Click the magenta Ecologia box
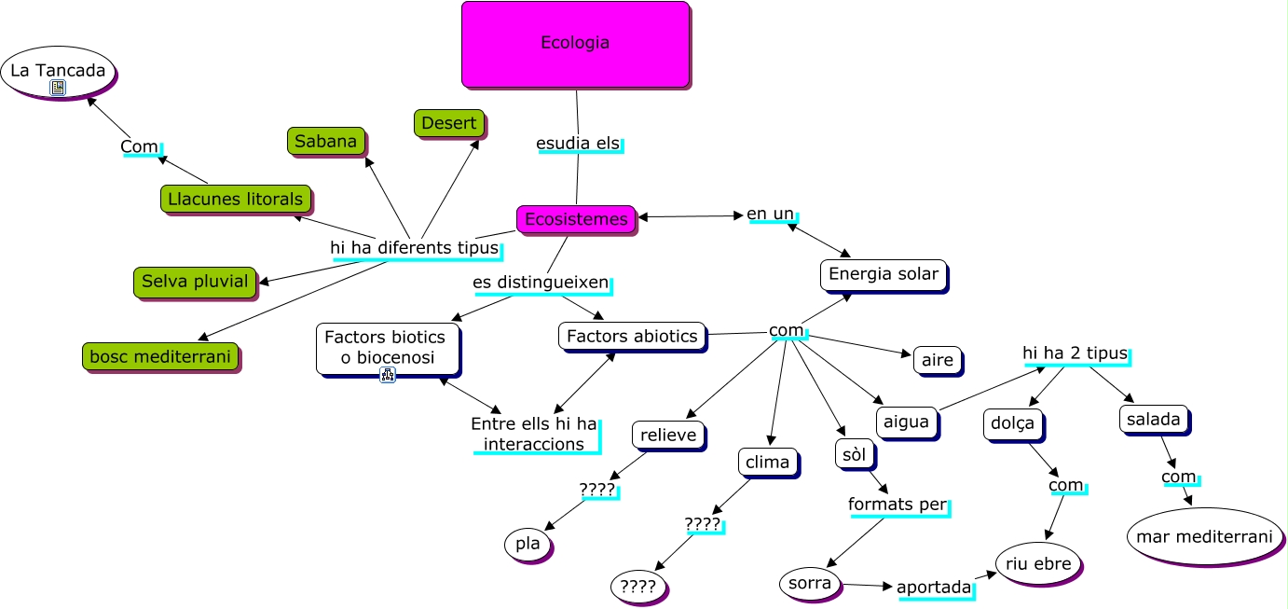click(575, 44)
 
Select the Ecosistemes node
click(576, 219)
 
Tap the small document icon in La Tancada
click(58, 88)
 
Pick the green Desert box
click(448, 123)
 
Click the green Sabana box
click(325, 141)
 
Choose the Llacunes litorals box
click(235, 199)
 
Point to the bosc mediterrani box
click(159, 355)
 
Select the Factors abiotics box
click(632, 336)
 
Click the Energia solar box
click(883, 274)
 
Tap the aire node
click(937, 360)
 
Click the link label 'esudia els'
click(578, 144)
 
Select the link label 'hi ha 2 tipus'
click(1075, 353)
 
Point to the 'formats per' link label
click(897, 505)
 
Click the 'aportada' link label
click(934, 588)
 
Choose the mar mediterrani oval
click(1204, 536)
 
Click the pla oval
click(528, 545)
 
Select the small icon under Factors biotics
click(388, 374)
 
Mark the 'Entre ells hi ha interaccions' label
click(534, 434)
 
